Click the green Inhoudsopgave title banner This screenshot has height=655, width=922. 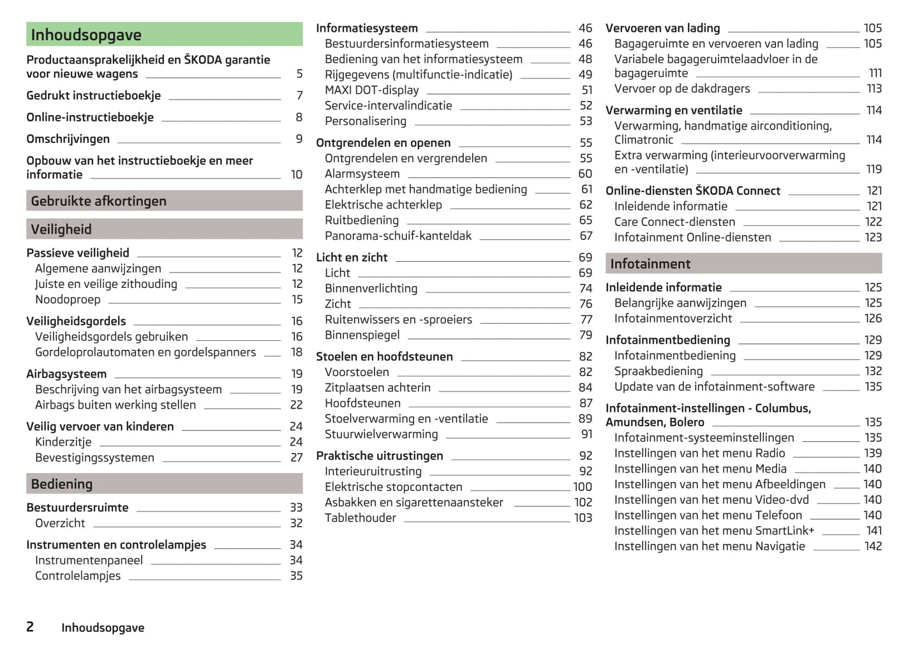coord(164,34)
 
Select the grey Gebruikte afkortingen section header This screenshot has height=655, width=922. coord(164,201)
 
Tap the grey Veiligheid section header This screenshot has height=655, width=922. coord(164,229)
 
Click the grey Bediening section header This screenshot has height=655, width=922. coord(164,484)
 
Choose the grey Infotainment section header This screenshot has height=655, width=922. coord(743,264)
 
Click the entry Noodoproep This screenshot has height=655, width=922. coord(68,299)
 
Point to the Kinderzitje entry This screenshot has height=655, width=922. coord(63,442)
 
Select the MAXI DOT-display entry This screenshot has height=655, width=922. coord(372,90)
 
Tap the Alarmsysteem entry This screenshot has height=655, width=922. coord(362,174)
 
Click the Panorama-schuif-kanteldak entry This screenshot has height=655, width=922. coord(398,236)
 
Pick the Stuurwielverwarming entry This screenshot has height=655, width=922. coord(382,434)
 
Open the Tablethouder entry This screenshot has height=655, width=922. coord(361,518)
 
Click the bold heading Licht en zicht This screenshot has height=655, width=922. coord(352,257)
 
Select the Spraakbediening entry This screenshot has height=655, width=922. coord(658,371)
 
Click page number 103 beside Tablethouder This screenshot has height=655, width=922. coord(583,518)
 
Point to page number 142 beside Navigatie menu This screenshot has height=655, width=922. coord(873,546)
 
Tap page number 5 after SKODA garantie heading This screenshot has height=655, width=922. coord(299,74)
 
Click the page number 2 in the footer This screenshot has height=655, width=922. coord(30,627)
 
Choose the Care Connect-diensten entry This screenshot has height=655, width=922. coord(674,222)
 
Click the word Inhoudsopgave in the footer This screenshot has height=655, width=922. coord(103,628)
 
